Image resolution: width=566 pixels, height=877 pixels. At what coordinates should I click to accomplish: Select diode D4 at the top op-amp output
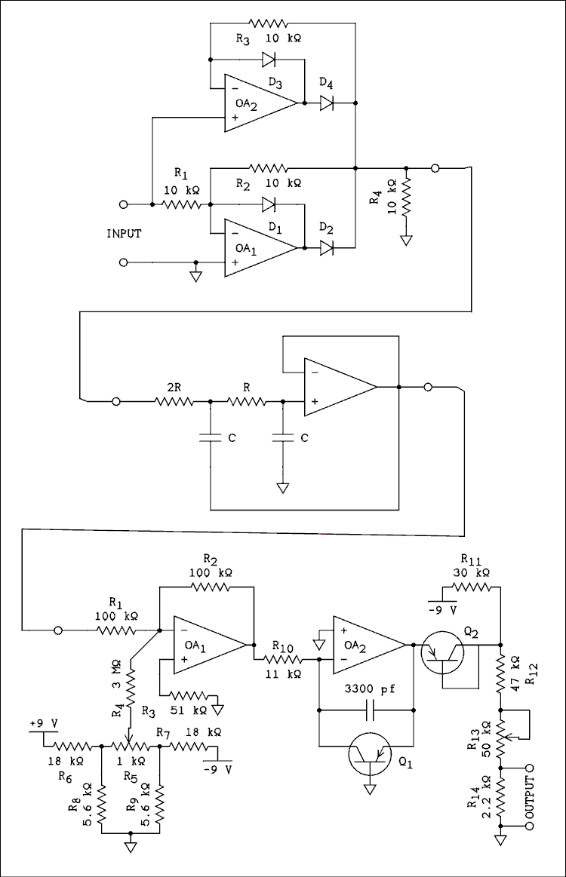(x=327, y=103)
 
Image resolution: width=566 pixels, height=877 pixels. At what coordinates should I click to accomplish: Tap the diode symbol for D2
(x=327, y=247)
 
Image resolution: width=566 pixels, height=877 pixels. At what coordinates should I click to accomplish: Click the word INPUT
(x=125, y=234)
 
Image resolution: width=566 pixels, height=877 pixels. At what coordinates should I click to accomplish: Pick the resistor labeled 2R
(x=175, y=402)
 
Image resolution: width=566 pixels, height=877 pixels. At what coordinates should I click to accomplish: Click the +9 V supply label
(x=44, y=724)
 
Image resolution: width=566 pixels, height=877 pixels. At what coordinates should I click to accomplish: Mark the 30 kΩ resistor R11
(x=472, y=587)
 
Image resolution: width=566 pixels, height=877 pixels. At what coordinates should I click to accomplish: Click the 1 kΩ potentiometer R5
(x=131, y=747)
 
